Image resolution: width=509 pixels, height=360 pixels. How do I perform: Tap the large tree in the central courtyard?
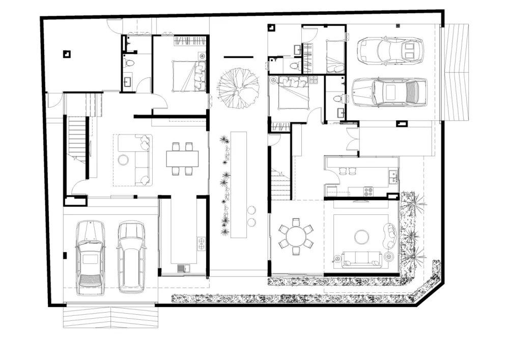click(236, 88)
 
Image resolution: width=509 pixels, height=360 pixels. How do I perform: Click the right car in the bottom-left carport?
click(131, 257)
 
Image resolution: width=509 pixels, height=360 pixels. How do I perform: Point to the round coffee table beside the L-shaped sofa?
click(124, 160)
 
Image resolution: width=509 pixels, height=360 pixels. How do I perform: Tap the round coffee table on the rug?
click(362, 236)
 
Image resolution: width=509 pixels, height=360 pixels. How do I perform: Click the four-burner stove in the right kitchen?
click(367, 191)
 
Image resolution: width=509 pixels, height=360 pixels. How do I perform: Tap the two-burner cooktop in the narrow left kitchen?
click(201, 243)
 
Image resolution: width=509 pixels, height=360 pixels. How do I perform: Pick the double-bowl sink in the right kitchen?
click(392, 176)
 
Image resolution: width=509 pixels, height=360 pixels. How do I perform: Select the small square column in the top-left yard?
click(66, 53)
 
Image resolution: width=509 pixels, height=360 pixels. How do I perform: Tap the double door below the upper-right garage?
click(352, 139)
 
